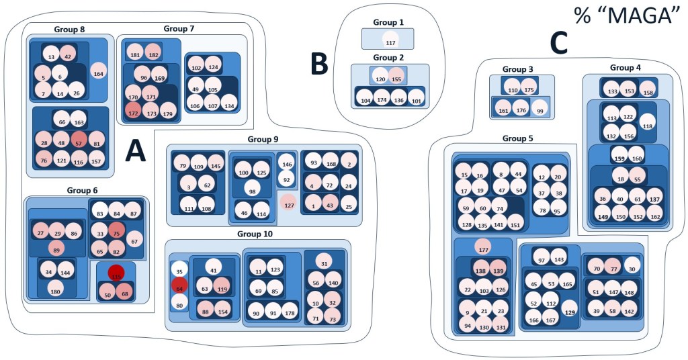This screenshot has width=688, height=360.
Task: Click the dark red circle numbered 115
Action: coord(116,275)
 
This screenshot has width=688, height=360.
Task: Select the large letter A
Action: coord(135,152)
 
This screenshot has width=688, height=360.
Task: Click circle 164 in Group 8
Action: coord(99,74)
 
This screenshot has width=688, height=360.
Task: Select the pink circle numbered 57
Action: coord(79,142)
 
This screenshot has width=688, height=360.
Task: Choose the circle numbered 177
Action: coord(482,246)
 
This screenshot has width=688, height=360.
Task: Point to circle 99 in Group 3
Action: coord(538,111)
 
